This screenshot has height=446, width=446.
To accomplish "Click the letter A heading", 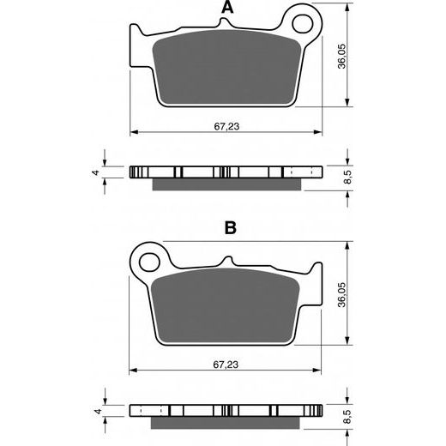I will click(227, 9).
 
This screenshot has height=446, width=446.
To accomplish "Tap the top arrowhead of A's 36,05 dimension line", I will click(347, 10).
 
